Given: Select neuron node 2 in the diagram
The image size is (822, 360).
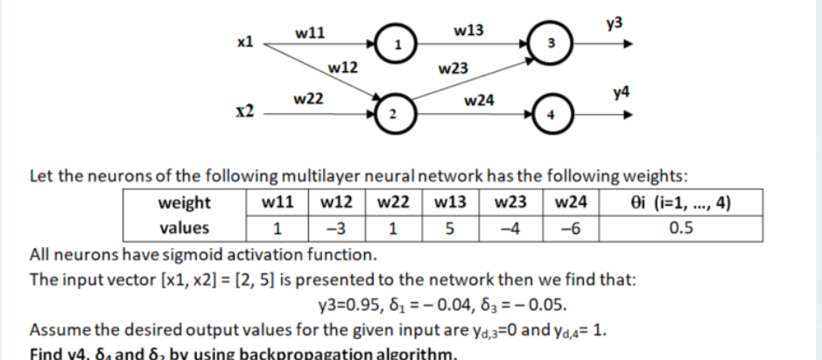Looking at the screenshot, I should (x=395, y=115).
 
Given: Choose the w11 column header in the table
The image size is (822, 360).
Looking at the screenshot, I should (x=278, y=204).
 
